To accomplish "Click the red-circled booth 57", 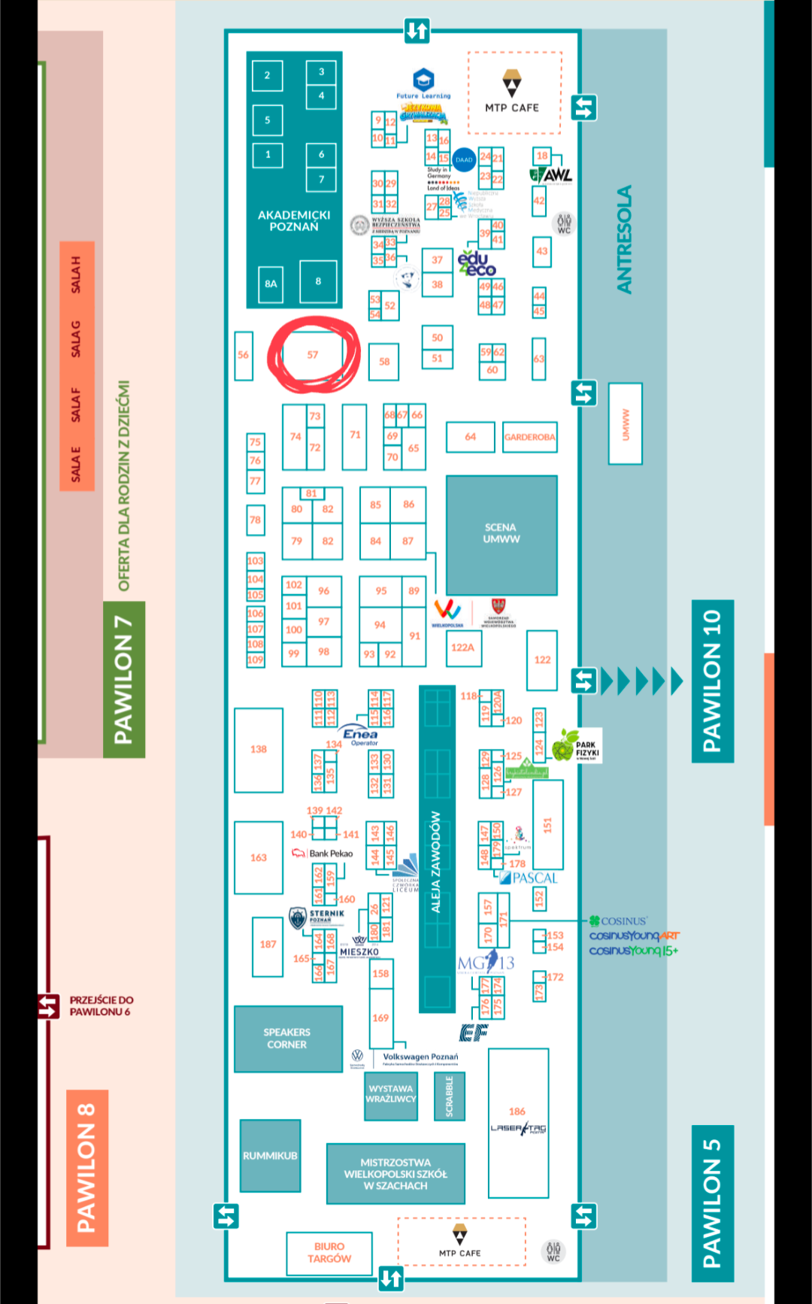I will (x=313, y=355).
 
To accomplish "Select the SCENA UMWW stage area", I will (x=501, y=534).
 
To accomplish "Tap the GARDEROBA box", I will (x=530, y=437).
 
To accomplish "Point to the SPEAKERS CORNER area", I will (x=287, y=1039).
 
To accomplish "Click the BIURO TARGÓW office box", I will (x=329, y=1253).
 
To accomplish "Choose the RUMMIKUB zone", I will (x=270, y=1156).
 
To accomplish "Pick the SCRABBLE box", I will (x=450, y=1096).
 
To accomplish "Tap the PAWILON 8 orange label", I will (x=86, y=1167).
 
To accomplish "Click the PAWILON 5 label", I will (x=712, y=1203).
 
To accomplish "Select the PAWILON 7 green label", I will (x=123, y=680).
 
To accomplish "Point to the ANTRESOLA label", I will (x=625, y=239).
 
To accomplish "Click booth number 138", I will (x=259, y=750).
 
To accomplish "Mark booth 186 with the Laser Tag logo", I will (x=518, y=1121).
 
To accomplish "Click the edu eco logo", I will (x=476, y=263).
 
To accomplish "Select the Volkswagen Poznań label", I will (x=420, y=1057).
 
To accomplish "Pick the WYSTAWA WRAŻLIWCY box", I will (x=390, y=1094).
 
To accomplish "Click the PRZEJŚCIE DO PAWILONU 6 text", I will (x=101, y=1006).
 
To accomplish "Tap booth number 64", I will (x=471, y=437).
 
